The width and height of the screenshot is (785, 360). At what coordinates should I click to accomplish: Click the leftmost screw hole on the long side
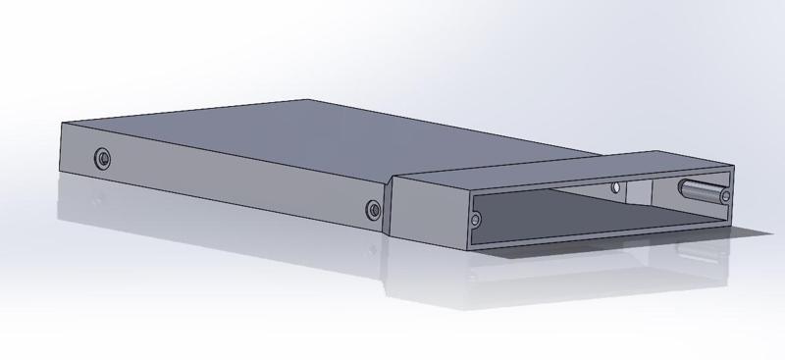click(x=102, y=158)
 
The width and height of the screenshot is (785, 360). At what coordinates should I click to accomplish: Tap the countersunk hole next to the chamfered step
click(x=373, y=209)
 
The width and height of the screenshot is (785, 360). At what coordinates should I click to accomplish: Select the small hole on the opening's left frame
click(x=477, y=221)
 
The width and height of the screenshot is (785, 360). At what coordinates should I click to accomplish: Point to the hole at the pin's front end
click(x=725, y=198)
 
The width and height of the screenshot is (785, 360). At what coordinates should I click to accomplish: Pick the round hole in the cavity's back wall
click(x=615, y=187)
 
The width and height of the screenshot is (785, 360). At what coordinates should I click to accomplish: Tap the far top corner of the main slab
click(x=308, y=99)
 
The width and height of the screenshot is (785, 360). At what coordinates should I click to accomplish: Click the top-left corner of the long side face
click(x=61, y=123)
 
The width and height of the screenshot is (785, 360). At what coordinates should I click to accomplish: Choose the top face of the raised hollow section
click(x=569, y=169)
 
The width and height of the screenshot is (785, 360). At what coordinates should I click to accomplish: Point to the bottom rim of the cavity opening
click(x=608, y=237)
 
